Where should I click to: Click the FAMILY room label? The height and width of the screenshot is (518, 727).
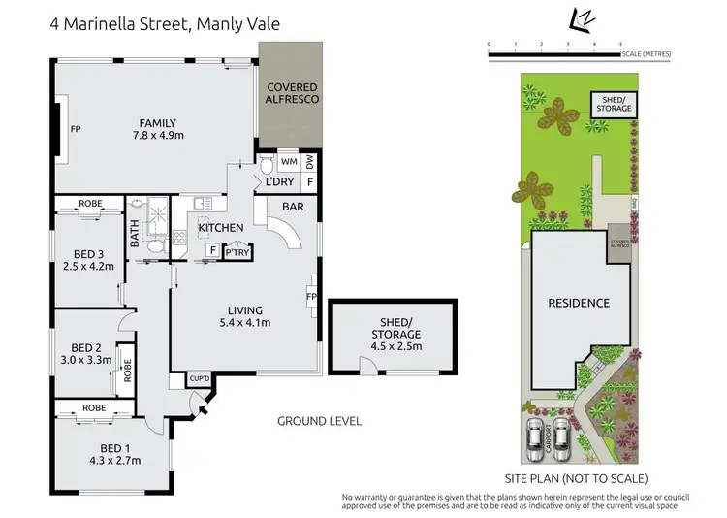click(x=156, y=122)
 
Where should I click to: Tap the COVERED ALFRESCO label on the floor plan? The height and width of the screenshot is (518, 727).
click(x=292, y=93)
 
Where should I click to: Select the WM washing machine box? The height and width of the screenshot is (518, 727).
click(x=288, y=161)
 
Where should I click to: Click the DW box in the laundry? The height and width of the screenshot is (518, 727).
click(x=310, y=161)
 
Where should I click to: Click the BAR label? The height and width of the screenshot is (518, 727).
click(x=293, y=207)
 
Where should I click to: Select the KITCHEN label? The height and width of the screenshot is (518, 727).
click(x=221, y=228)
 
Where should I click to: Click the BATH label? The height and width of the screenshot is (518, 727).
click(x=135, y=235)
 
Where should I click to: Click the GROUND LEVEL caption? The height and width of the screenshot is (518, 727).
click(x=319, y=421)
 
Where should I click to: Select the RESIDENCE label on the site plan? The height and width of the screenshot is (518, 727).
click(x=579, y=303)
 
